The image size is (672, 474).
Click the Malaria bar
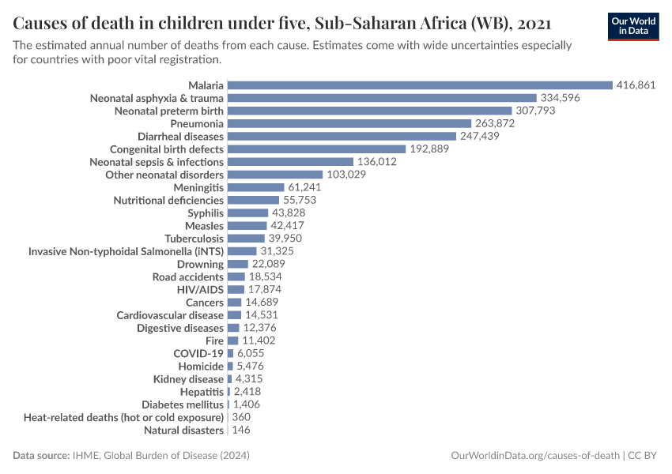click(x=420, y=85)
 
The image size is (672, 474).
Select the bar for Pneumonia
click(x=349, y=123)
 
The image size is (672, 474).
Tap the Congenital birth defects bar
click(x=316, y=149)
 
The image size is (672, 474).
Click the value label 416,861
click(x=636, y=85)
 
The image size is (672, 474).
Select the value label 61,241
click(x=306, y=187)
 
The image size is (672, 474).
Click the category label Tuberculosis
click(x=194, y=238)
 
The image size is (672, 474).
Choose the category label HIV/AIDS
click(x=200, y=289)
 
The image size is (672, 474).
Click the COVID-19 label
click(x=198, y=353)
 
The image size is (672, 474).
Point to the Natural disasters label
click(x=183, y=430)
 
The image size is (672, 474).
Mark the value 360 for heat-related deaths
click(x=242, y=417)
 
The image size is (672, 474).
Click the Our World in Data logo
click(x=633, y=25)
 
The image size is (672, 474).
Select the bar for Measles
click(x=247, y=225)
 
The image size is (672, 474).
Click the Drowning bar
click(x=238, y=264)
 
